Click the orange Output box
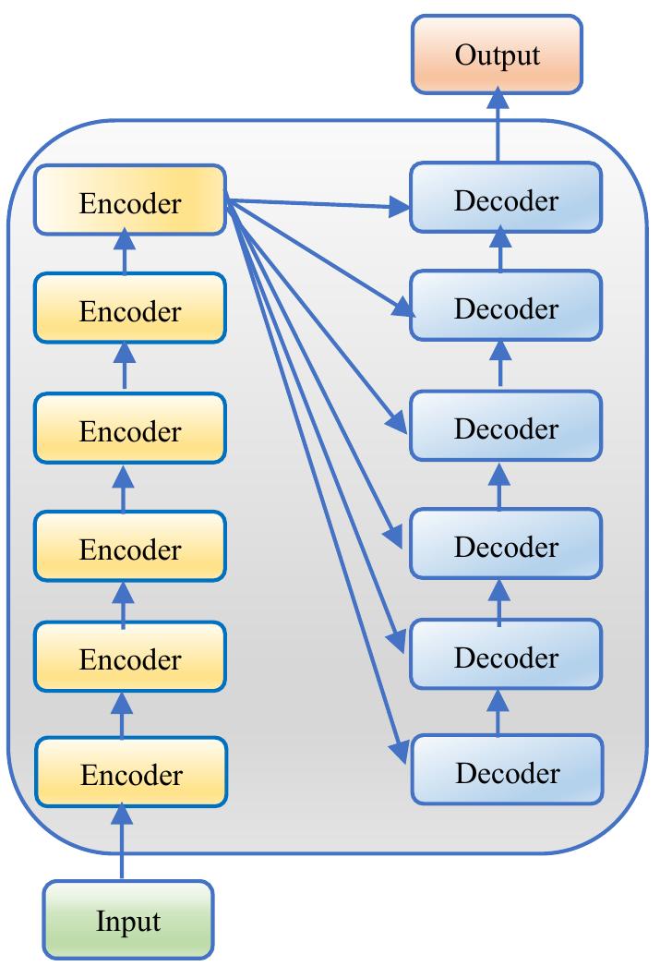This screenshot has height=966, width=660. click(497, 55)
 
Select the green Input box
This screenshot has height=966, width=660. click(127, 920)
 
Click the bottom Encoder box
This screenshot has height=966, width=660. click(130, 774)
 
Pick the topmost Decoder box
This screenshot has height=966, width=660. click(506, 199)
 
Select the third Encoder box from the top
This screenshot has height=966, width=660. click(129, 430)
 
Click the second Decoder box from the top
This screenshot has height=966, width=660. click(506, 307)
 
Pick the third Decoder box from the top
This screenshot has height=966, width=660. click(506, 429)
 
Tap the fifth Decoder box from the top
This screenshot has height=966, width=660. click(506, 657)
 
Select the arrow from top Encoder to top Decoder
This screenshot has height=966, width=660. click(318, 203)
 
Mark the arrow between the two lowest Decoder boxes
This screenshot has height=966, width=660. click(498, 711)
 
